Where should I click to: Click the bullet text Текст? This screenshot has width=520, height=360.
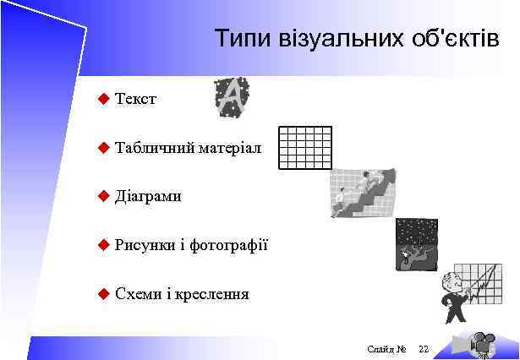(x=135, y=100)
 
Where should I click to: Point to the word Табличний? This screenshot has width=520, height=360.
(x=155, y=148)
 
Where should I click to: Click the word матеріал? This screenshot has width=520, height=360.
(x=230, y=148)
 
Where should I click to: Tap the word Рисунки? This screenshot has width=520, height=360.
(x=145, y=245)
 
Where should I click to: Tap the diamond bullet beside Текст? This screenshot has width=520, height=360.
(x=103, y=100)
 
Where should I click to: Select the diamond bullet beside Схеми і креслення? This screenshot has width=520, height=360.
(x=103, y=294)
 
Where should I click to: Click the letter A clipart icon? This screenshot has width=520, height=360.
(x=229, y=98)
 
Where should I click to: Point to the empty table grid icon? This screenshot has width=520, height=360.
(x=304, y=148)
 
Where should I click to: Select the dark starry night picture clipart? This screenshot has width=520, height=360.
(x=416, y=244)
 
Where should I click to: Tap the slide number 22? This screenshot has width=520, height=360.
(x=424, y=349)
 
